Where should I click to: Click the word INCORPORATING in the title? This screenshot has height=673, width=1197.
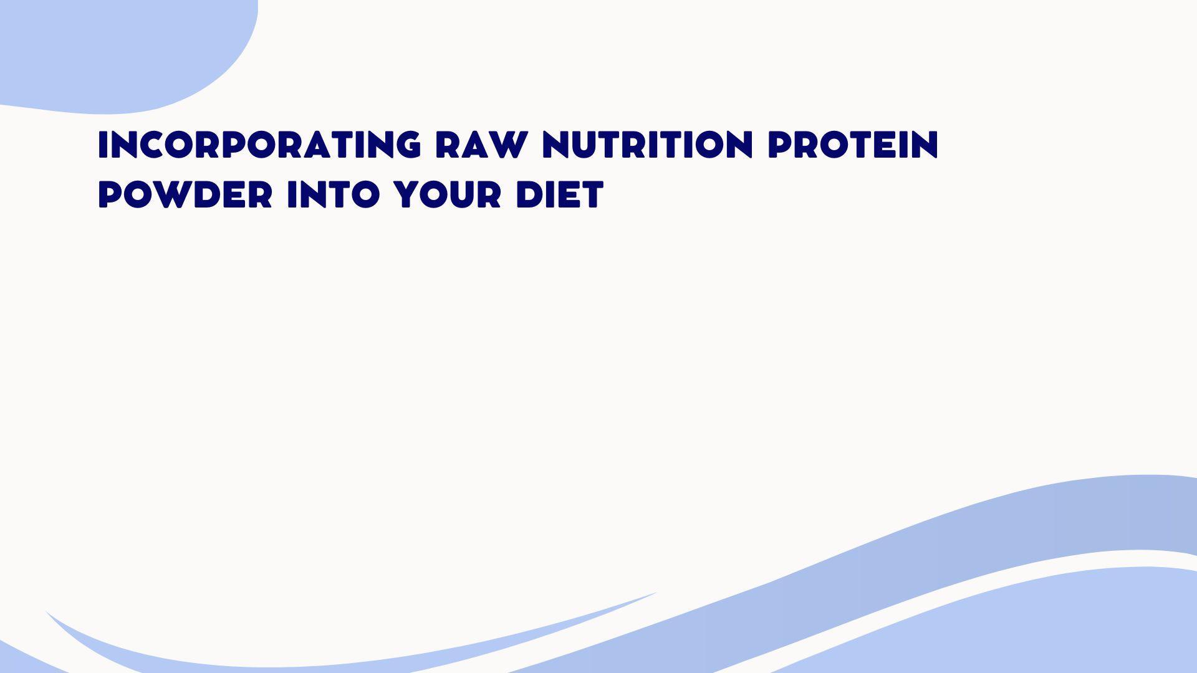pos(259,145)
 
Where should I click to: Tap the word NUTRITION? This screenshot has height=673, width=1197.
pos(648,145)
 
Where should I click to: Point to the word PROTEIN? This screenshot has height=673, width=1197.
pos(853,145)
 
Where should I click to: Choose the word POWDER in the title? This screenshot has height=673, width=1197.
pos(185,194)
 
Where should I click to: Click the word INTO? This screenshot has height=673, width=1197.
pos(333,194)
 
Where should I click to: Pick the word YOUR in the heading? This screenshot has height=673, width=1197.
pos(447,194)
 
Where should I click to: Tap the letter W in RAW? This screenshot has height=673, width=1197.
pos(507,145)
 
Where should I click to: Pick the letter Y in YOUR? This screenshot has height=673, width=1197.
pos(407,194)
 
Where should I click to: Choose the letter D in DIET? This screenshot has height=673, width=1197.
pos(529,194)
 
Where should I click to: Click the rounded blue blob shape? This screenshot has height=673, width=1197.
pos(118,50)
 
